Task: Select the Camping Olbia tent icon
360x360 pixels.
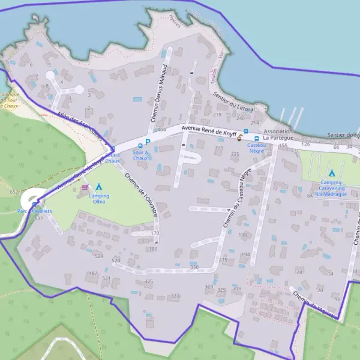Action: (99, 187)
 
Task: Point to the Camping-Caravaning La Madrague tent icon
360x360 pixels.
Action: (331, 173)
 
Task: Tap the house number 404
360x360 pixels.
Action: (161, 130)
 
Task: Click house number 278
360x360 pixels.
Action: (217, 115)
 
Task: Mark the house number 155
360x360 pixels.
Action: (283, 146)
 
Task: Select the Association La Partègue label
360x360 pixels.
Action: (277, 134)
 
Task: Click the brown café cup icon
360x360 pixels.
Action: (239, 138)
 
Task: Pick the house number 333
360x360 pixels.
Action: (175, 296)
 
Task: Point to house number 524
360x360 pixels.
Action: (99, 256)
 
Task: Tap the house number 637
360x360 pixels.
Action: (39, 218)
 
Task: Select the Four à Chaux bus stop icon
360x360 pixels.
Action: (140, 146)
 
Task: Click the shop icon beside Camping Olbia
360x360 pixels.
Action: (84, 187)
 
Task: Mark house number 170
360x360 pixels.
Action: (155, 233)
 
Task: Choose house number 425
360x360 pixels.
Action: (149, 281)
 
